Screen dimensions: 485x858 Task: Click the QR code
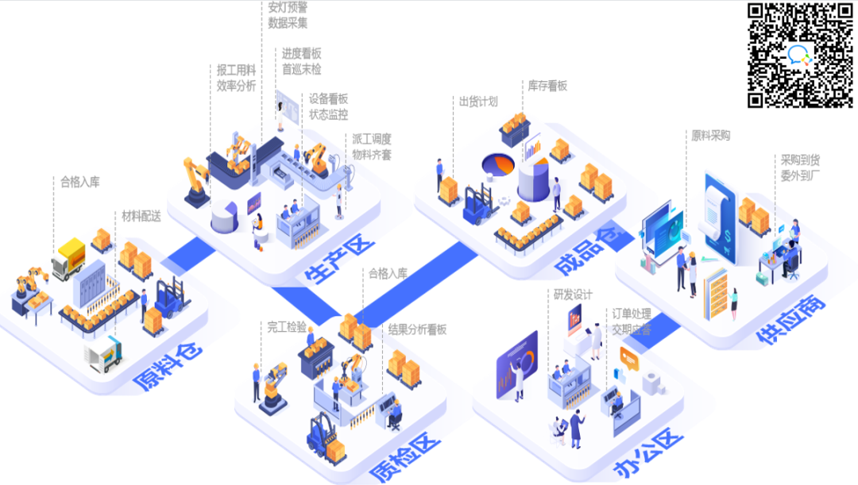tap(801, 55)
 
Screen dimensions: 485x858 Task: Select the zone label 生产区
tap(338, 258)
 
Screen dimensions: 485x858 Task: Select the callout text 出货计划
tap(478, 101)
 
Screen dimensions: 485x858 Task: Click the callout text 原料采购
tap(710, 136)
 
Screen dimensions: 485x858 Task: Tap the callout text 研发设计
tap(574, 294)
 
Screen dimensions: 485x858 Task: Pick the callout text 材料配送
tap(141, 216)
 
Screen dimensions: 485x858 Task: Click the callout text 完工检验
tap(287, 326)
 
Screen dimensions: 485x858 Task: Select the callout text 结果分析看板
tap(417, 329)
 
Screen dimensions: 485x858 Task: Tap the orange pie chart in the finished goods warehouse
tap(499, 164)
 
